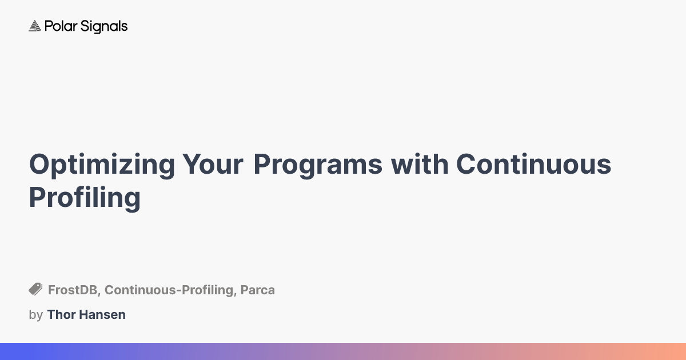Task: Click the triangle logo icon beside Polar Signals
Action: pos(35,26)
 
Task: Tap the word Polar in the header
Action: pos(57,26)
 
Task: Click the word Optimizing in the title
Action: pos(102,165)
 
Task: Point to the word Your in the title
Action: pos(213,165)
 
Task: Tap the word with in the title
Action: pos(419,165)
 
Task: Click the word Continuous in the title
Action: pos(533,165)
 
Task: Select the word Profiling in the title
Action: pos(85,198)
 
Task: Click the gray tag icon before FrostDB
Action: pos(35,290)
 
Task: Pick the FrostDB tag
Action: pos(73,290)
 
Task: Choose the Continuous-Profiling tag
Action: pos(169,290)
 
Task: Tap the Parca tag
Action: pos(257,290)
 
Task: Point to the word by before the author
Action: pos(35,315)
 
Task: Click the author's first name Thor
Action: pos(60,315)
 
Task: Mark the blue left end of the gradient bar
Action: pos(6,351)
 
